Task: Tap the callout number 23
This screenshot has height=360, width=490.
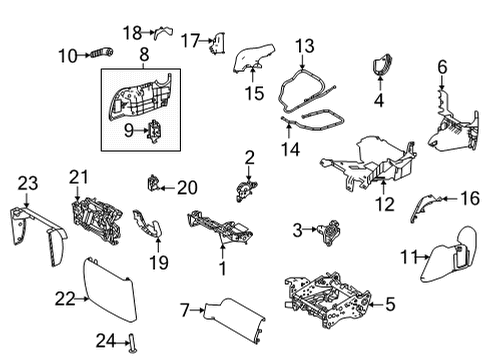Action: [26, 182]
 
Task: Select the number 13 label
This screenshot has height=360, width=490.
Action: [304, 45]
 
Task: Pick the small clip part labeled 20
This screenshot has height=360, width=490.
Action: [154, 184]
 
